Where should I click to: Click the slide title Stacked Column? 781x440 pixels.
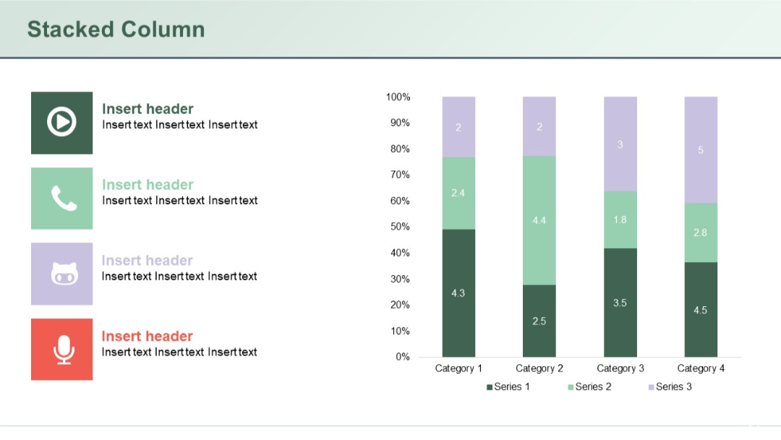point(116,30)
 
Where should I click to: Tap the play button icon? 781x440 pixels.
point(61,122)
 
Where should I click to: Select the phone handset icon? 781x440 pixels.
point(63,198)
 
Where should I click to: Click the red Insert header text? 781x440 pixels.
point(147,337)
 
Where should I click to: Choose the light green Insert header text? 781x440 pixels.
point(148,185)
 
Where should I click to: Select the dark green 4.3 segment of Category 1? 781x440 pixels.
point(458,292)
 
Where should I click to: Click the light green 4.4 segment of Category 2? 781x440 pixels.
point(539,220)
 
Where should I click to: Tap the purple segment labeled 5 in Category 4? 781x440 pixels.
point(701,150)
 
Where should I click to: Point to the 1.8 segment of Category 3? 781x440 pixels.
point(620,219)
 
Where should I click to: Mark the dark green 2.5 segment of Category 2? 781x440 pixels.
point(539,321)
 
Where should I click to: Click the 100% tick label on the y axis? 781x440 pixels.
point(398,97)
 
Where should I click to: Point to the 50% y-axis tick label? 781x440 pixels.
point(401,227)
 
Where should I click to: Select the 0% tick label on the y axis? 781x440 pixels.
point(403,357)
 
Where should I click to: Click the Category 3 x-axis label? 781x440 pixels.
point(620,368)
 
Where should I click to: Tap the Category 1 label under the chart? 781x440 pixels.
point(458,368)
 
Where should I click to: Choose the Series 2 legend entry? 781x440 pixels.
point(589,387)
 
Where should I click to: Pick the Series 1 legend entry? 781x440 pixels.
point(508,387)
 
